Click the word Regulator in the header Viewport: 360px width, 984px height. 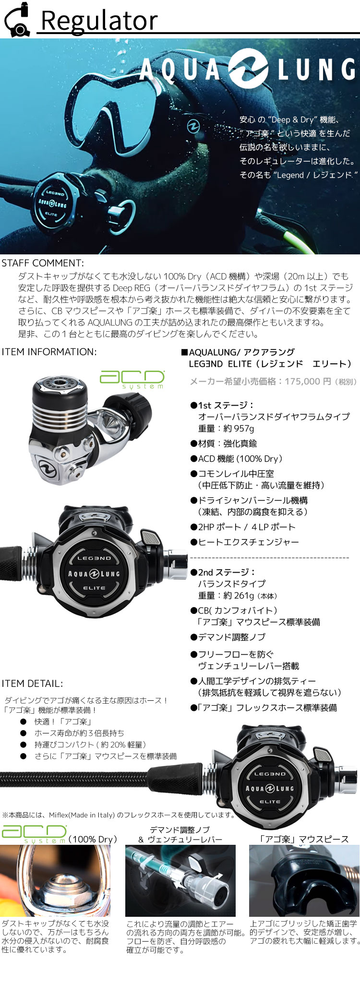click(99, 21)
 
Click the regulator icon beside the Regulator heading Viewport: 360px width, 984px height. click(17, 20)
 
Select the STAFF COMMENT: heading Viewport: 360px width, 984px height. click(43, 263)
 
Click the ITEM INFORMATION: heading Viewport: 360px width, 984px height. click(49, 352)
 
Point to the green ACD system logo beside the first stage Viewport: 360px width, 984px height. click(132, 379)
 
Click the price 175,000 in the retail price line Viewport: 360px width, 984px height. click(302, 382)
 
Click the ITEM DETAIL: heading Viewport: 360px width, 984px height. click(32, 684)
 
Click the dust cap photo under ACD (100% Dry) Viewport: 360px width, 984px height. click(55, 881)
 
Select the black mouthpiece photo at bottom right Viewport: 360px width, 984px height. click(304, 881)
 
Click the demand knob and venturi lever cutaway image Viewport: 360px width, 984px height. click(180, 881)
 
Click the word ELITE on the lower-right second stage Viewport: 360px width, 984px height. click(270, 802)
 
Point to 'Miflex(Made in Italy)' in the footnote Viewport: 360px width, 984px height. click(82, 815)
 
